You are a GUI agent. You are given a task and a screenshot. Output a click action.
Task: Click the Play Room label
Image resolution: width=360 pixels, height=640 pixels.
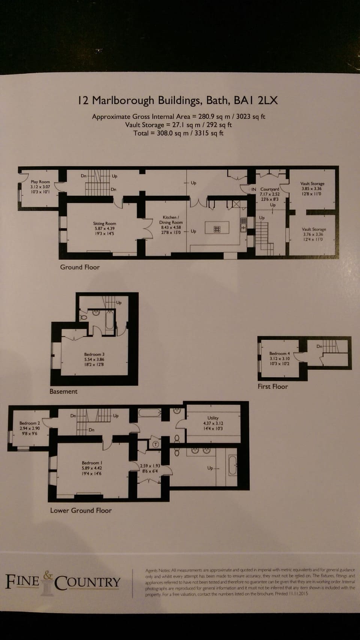[x=40, y=182]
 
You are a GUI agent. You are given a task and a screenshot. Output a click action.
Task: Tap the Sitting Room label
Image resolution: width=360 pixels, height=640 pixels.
[x=104, y=223]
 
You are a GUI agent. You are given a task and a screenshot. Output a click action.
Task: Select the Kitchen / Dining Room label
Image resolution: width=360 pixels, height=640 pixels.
[x=171, y=220]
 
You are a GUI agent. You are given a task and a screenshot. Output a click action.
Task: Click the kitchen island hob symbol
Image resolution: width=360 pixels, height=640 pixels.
[x=217, y=229]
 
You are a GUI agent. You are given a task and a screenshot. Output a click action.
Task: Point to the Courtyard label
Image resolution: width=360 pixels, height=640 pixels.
[x=270, y=189]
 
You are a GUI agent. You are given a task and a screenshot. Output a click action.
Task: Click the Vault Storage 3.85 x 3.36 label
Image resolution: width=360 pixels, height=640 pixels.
[x=312, y=184]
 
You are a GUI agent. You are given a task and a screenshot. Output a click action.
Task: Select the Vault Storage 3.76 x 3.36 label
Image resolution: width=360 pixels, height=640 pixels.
[x=313, y=229]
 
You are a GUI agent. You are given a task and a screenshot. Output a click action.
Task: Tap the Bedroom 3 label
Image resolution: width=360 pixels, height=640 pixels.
[x=94, y=354]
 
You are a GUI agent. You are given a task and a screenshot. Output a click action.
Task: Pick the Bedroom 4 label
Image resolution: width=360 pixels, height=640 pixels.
[x=279, y=354]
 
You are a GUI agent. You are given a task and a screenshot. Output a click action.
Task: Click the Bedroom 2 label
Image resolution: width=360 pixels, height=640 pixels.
[x=30, y=423]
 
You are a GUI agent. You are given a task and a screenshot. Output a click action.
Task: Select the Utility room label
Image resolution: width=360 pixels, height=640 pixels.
[x=213, y=418]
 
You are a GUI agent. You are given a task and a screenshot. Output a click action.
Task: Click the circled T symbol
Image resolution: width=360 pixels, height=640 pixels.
[x=156, y=444]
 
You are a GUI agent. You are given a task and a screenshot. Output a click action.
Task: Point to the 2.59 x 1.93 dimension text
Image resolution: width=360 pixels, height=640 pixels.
[x=150, y=466]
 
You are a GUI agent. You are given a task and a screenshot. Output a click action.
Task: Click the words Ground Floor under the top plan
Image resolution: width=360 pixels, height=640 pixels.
[x=80, y=267]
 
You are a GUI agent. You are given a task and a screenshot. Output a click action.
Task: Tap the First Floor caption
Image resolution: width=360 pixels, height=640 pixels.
[x=273, y=387]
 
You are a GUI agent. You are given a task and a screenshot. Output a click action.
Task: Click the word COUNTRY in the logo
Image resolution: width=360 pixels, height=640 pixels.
[x=87, y=582]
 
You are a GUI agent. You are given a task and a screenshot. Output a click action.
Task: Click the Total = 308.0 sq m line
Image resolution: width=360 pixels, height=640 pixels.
[x=178, y=133]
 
